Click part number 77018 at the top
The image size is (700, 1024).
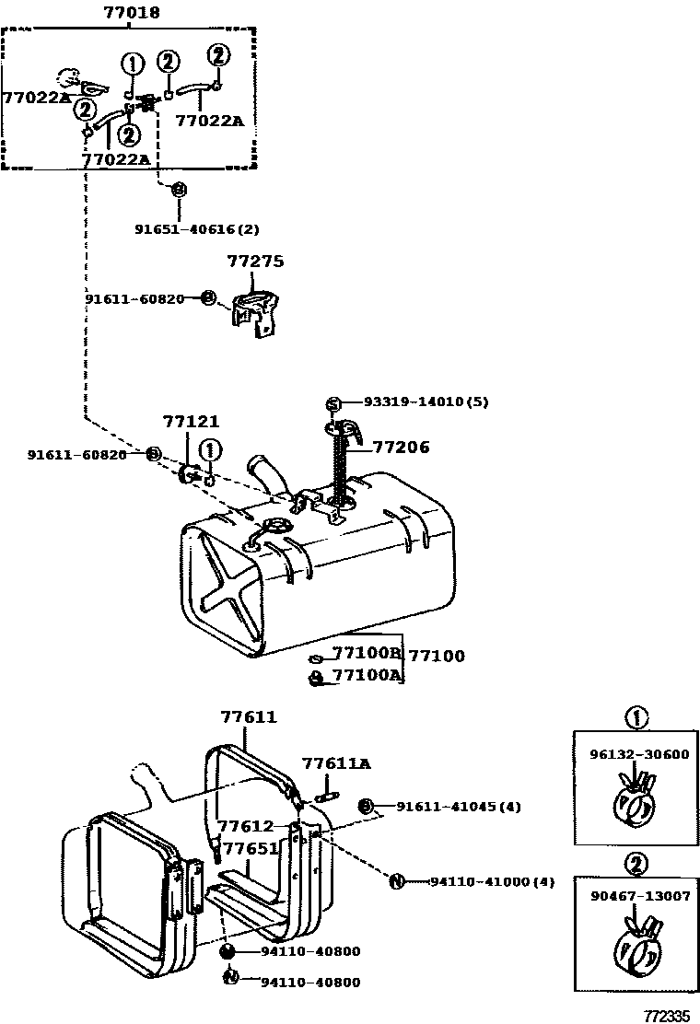click(x=131, y=12)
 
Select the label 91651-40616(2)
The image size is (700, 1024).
click(x=196, y=229)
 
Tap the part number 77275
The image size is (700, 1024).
click(x=255, y=262)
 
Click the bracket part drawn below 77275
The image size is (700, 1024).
click(x=255, y=313)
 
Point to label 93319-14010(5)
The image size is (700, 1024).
click(x=426, y=401)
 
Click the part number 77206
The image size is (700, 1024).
click(x=402, y=448)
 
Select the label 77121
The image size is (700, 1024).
click(x=192, y=422)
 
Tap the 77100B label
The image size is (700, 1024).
click(x=367, y=652)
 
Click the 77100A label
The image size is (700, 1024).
click(x=367, y=675)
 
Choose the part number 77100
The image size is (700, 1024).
click(x=437, y=656)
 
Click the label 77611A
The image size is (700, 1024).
click(x=336, y=763)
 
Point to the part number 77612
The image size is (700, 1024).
click(x=246, y=826)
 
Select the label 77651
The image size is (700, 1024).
click(x=251, y=848)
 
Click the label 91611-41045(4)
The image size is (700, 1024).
click(x=459, y=807)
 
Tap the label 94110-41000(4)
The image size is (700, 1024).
click(x=492, y=881)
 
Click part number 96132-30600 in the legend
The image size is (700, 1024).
click(x=639, y=754)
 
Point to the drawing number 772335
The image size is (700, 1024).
click(x=668, y=1016)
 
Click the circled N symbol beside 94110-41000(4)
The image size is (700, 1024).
click(x=396, y=881)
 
